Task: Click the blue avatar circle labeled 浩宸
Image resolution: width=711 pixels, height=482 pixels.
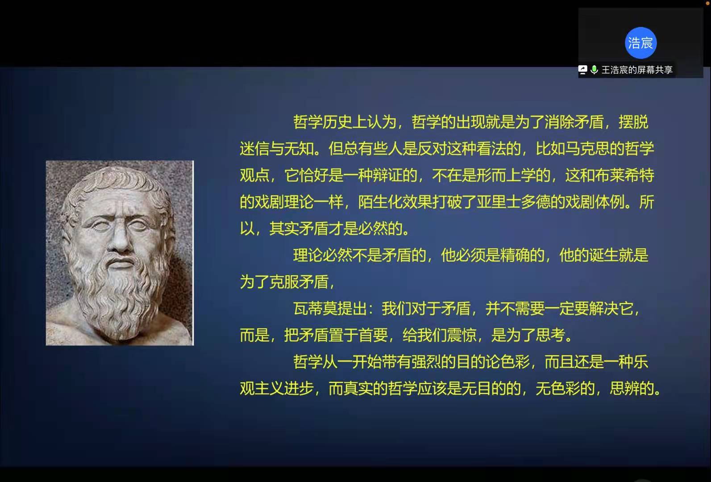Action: [640, 43]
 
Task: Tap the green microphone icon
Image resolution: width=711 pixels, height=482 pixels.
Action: [594, 70]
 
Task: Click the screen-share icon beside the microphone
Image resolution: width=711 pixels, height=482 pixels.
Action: [583, 70]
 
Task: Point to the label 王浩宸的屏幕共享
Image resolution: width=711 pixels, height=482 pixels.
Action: [637, 70]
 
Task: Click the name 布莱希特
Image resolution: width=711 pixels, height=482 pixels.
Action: [624, 175]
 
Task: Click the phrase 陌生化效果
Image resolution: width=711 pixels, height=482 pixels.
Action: [395, 202]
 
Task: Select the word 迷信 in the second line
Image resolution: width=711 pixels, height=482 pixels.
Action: [254, 149]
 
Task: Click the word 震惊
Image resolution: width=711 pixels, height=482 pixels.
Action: [462, 335]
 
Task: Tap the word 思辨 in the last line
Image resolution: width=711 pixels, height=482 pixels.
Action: [624, 388]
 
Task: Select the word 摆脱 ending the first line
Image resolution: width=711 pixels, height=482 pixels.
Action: [633, 122]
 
